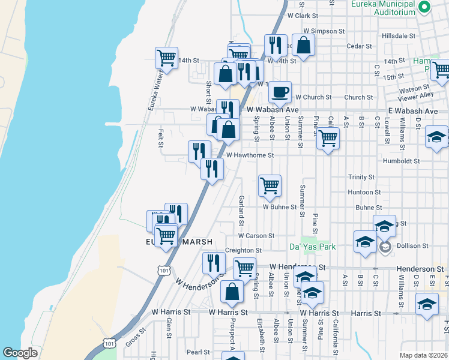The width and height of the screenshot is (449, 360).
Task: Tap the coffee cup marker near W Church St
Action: [280, 92]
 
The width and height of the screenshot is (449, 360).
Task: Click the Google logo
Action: [20, 353]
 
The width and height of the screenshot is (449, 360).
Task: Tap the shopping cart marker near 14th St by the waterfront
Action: [166, 59]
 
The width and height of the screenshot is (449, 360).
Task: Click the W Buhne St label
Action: [280, 207]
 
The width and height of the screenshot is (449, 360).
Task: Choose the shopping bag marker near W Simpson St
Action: [304, 44]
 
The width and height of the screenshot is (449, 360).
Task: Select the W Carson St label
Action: [256, 236]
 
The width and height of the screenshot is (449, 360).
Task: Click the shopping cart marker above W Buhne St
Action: [270, 185]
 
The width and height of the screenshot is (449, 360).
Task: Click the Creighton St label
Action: [243, 250]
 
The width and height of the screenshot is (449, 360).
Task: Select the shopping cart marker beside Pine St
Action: [328, 139]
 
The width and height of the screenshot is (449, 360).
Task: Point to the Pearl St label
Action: [197, 352]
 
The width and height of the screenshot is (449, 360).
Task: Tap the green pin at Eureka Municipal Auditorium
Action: [425, 7]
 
